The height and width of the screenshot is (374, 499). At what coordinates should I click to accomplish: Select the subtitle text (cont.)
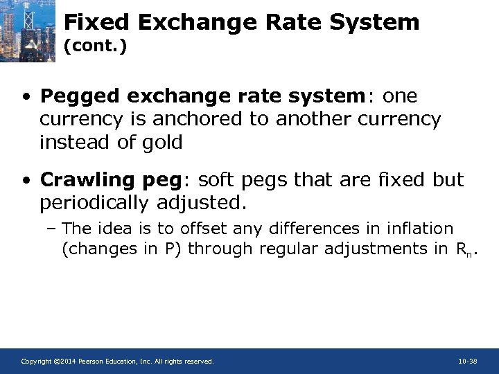point(95,48)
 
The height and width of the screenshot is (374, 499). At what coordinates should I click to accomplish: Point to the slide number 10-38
point(468,362)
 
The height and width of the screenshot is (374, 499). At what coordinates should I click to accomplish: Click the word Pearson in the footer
point(94,362)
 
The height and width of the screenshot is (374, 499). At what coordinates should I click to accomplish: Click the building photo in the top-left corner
point(28,30)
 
